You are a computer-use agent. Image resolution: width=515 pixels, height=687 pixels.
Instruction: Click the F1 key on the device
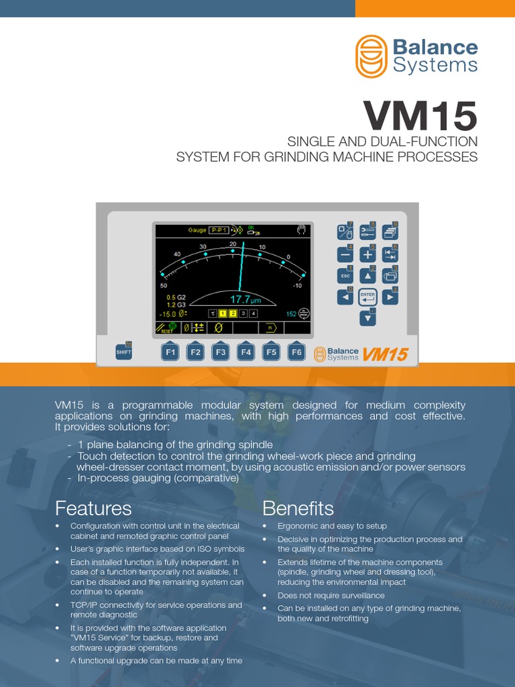(170, 352)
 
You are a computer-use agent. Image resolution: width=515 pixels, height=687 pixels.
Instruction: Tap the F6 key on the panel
(296, 352)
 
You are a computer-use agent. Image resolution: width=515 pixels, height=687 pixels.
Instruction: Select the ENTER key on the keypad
(367, 296)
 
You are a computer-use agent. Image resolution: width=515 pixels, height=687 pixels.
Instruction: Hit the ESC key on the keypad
(345, 275)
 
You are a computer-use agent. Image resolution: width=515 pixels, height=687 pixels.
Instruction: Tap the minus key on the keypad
(345, 254)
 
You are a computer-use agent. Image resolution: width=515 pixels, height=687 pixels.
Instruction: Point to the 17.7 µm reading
(245, 299)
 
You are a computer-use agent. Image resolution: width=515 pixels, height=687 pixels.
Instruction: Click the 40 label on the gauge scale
(177, 254)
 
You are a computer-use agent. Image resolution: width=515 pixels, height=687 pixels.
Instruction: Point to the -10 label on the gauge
(298, 285)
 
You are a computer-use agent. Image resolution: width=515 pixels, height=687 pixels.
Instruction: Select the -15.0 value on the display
(168, 313)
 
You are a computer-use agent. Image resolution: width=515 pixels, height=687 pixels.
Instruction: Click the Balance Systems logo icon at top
(371, 56)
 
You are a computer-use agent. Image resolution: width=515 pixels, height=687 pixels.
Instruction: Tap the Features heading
(93, 507)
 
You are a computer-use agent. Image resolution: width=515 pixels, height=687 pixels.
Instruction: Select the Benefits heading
(298, 507)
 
